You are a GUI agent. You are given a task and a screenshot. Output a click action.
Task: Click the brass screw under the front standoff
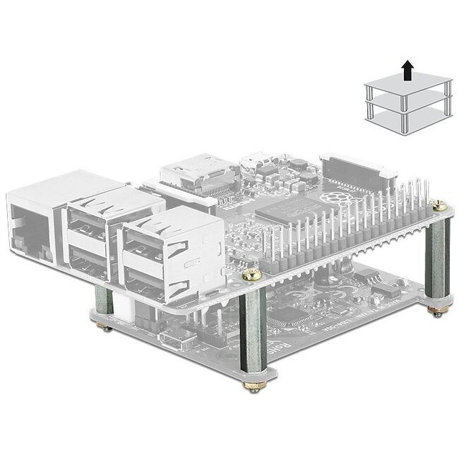[252, 386]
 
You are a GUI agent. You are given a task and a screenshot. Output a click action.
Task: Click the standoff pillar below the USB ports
[104, 304]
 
